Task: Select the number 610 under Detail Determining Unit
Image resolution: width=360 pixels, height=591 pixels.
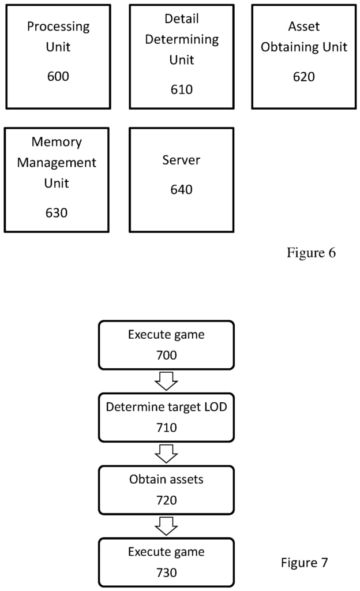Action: pyautogui.click(x=181, y=89)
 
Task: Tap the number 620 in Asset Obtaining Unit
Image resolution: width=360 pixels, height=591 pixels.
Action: pyautogui.click(x=303, y=76)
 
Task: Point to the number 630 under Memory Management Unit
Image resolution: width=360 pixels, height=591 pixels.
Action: pyautogui.click(x=57, y=212)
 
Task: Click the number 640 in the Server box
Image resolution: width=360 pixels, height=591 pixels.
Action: pyautogui.click(x=181, y=189)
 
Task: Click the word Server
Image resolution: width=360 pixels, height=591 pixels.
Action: pyautogui.click(x=181, y=160)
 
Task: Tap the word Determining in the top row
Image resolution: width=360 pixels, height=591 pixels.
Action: pyautogui.click(x=181, y=40)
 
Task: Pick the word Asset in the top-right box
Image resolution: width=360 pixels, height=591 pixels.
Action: pyautogui.click(x=304, y=27)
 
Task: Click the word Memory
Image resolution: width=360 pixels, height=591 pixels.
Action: pyautogui.click(x=57, y=142)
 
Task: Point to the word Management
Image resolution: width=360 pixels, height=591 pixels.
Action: pyautogui.click(x=57, y=163)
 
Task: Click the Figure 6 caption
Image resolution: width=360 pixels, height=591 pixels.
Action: pyautogui.click(x=311, y=253)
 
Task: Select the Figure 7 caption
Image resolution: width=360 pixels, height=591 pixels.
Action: pyautogui.click(x=305, y=562)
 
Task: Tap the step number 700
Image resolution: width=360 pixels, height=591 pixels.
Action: pyautogui.click(x=166, y=355)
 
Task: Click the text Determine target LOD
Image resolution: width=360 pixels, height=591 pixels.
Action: pyautogui.click(x=166, y=406)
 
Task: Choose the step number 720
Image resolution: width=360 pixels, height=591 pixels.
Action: pyautogui.click(x=166, y=500)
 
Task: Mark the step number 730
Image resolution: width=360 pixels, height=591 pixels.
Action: pyautogui.click(x=166, y=573)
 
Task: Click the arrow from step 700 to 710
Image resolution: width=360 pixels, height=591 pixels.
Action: pyautogui.click(x=166, y=381)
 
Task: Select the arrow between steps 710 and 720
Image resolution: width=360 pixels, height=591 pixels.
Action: pyautogui.click(x=166, y=454)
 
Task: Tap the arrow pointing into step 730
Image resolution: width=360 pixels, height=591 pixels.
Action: pyautogui.click(x=166, y=526)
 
